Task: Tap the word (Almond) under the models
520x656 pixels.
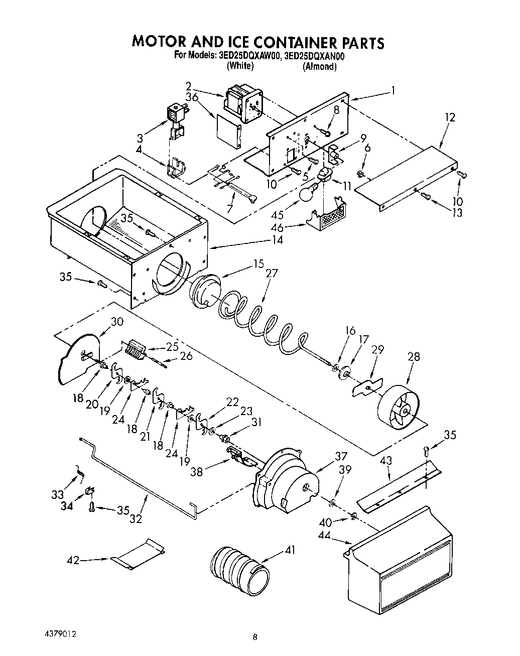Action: [x=319, y=66]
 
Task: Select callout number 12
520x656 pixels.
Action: [x=450, y=117]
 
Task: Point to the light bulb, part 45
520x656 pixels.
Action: [x=308, y=193]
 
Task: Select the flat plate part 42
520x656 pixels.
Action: [x=139, y=554]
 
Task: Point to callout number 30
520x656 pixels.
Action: [x=117, y=322]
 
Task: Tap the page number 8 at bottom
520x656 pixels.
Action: [x=255, y=637]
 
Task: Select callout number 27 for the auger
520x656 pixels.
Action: [x=272, y=274]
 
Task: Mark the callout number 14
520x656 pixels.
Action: [x=277, y=240]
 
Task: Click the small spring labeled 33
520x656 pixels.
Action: [x=80, y=472]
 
